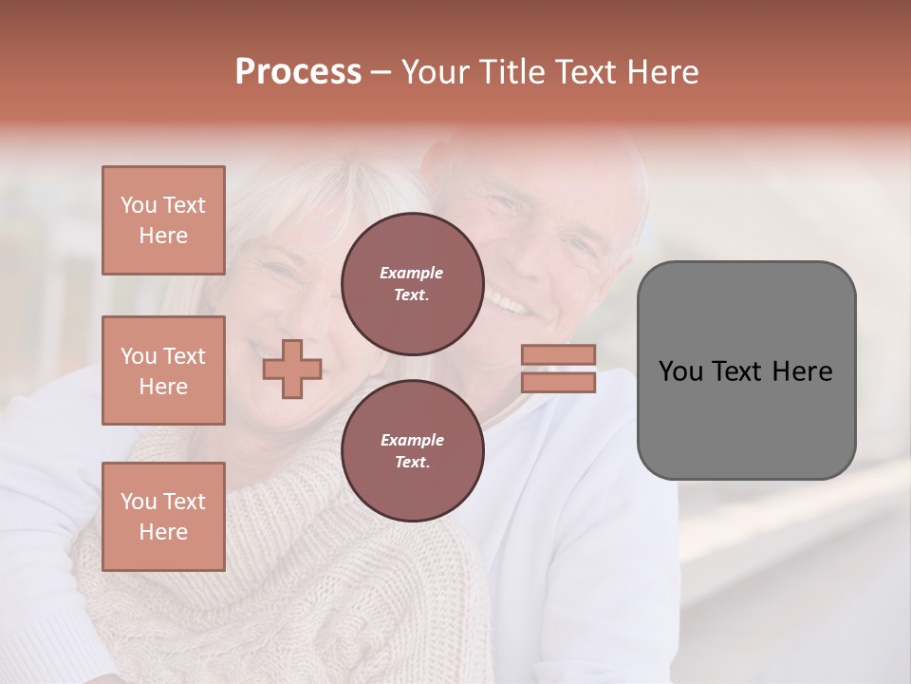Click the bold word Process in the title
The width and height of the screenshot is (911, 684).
[x=298, y=72]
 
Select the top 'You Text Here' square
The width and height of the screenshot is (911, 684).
[x=163, y=220]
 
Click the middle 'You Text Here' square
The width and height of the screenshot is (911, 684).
[x=163, y=370]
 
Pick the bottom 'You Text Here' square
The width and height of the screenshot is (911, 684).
[x=163, y=517]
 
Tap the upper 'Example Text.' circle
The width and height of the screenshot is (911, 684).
[x=412, y=284]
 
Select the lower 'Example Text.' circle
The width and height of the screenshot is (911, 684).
[x=412, y=451]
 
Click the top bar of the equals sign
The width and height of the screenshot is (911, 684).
[x=559, y=355]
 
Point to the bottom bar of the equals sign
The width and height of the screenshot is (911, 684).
[x=559, y=382]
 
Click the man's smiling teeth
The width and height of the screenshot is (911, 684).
[x=509, y=305]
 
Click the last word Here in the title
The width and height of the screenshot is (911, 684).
[x=661, y=72]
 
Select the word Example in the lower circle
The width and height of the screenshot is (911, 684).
[x=412, y=440]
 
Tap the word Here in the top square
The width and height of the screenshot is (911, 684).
[x=163, y=236]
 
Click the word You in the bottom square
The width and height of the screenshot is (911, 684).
[x=139, y=502]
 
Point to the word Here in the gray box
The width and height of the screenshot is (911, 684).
[x=802, y=371]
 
